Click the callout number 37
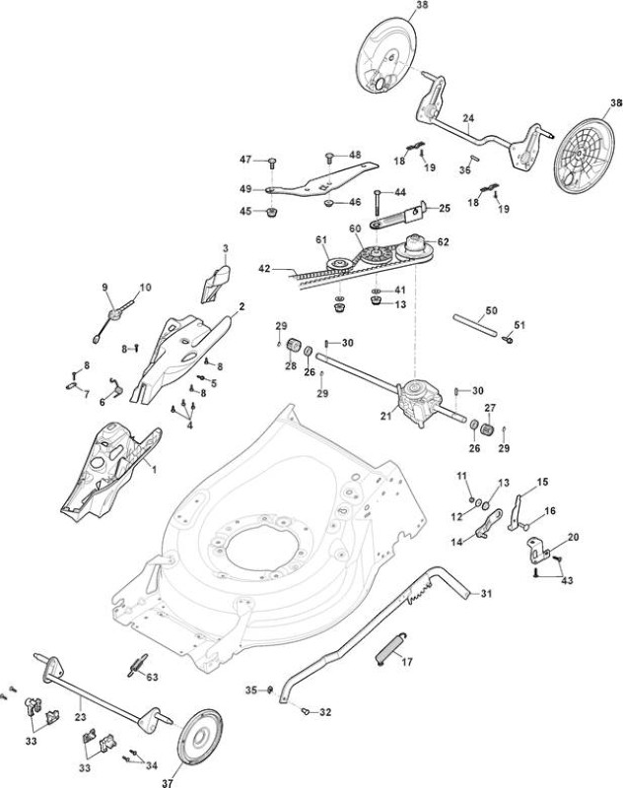[168, 782]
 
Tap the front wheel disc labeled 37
[201, 736]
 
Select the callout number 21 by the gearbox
[386, 416]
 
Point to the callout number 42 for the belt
[264, 269]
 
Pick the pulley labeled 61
[338, 264]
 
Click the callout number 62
[443, 241]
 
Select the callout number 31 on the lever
[486, 594]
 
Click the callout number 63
[152, 677]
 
